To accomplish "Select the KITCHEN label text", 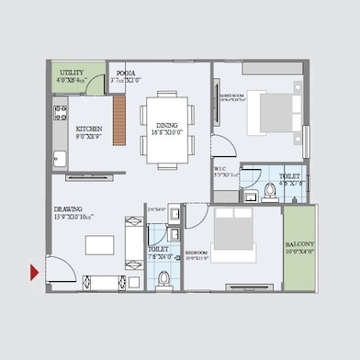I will point(88,129).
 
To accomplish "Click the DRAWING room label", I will point(67,209).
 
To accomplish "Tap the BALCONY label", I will point(298,243).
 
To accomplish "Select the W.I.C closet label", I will point(221,169).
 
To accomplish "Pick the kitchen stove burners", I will point(61,115).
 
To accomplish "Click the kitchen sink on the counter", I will point(60,158).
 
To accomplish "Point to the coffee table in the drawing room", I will point(99,244).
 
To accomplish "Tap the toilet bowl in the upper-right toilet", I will point(269,192).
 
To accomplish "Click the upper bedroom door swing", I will point(221,145).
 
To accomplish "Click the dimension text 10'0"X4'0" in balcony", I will point(298,252).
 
